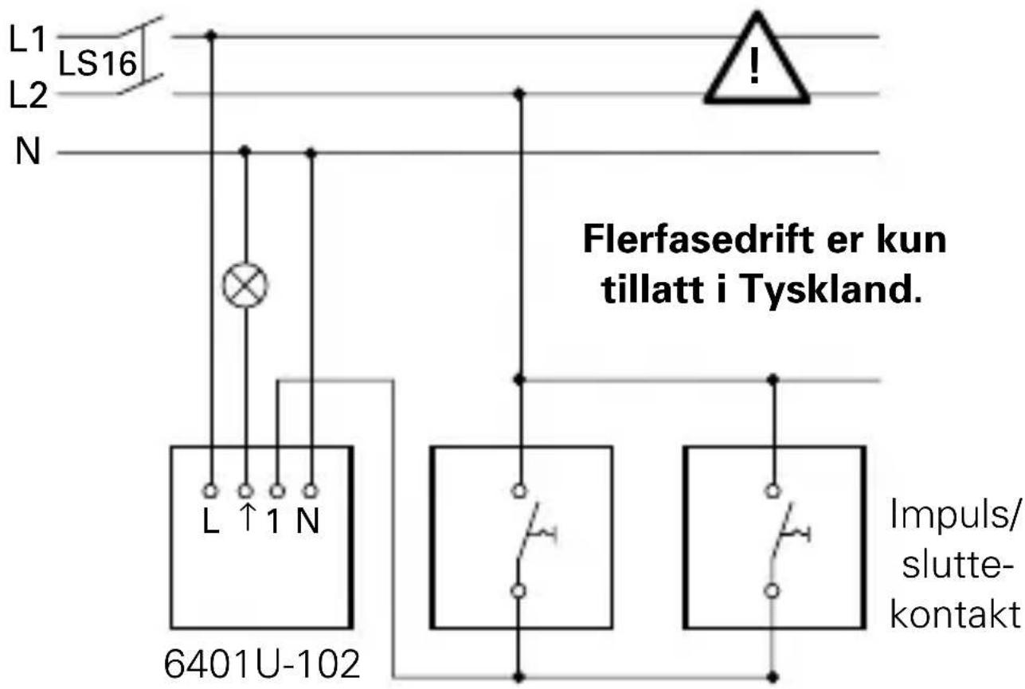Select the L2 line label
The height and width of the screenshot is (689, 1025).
pyautogui.click(x=28, y=96)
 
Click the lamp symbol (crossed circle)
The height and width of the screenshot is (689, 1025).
pyautogui.click(x=245, y=284)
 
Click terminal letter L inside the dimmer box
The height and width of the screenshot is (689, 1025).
pyautogui.click(x=210, y=525)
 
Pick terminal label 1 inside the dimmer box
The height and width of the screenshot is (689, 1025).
pyautogui.click(x=276, y=525)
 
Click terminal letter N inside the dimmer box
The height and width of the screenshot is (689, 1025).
pyautogui.click(x=309, y=525)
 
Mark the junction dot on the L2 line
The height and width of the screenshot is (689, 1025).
pyautogui.click(x=519, y=94)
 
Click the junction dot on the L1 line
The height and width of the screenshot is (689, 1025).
pyautogui.click(x=211, y=36)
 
